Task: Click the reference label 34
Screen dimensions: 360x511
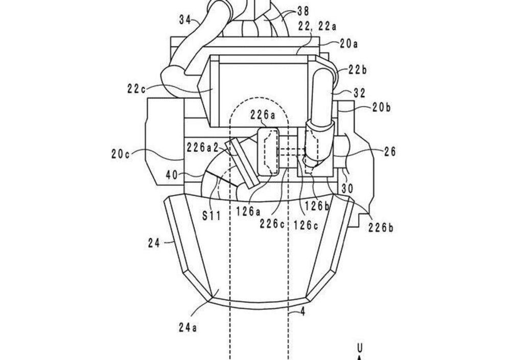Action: click(x=184, y=20)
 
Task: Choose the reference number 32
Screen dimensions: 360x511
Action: click(x=359, y=93)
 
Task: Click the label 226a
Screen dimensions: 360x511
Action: click(x=263, y=115)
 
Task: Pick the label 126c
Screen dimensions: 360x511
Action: click(x=306, y=225)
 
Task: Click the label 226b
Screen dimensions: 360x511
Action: click(x=381, y=228)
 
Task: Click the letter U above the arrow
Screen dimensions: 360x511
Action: click(x=360, y=348)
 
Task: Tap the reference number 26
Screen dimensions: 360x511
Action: click(x=390, y=152)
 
